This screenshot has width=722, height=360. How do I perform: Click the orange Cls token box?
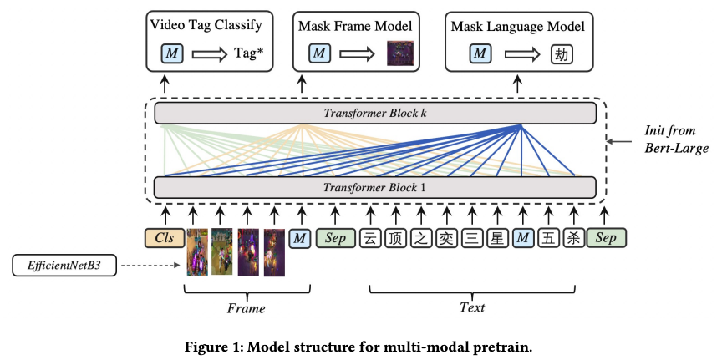[x=165, y=238]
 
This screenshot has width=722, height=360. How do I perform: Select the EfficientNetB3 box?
[x=64, y=266]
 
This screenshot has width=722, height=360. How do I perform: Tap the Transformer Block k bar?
[x=375, y=114]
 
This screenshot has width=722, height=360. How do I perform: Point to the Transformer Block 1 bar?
[x=375, y=187]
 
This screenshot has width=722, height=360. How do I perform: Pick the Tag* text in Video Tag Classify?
[x=251, y=54]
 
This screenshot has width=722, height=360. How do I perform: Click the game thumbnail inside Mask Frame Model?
[x=400, y=54]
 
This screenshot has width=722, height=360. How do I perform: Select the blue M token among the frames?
[x=300, y=238]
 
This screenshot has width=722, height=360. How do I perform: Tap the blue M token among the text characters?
[x=522, y=238]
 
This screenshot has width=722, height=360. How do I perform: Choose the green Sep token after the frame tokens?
[x=336, y=238]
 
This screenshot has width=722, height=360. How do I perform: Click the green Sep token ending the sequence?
[x=607, y=238]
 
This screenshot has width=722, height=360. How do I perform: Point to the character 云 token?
[x=369, y=238]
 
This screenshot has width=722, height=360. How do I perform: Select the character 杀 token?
[x=574, y=238]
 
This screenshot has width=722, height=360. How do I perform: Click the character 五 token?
[x=548, y=238]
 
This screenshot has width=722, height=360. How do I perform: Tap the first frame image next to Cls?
[x=197, y=252]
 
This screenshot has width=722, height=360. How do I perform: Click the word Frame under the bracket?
[x=247, y=307]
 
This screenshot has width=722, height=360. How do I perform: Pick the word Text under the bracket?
[x=472, y=307]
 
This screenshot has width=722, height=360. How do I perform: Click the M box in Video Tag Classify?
[x=172, y=54]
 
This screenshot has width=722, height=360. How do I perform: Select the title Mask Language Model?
[x=518, y=26]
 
